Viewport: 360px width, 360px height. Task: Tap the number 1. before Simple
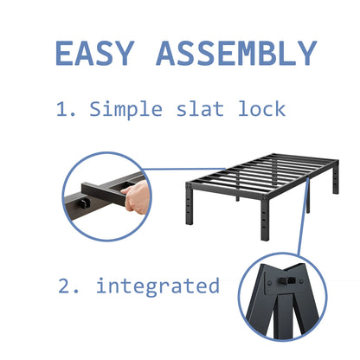click(67, 110)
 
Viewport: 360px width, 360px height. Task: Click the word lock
click(263, 110)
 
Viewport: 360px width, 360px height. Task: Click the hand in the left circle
click(137, 200)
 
